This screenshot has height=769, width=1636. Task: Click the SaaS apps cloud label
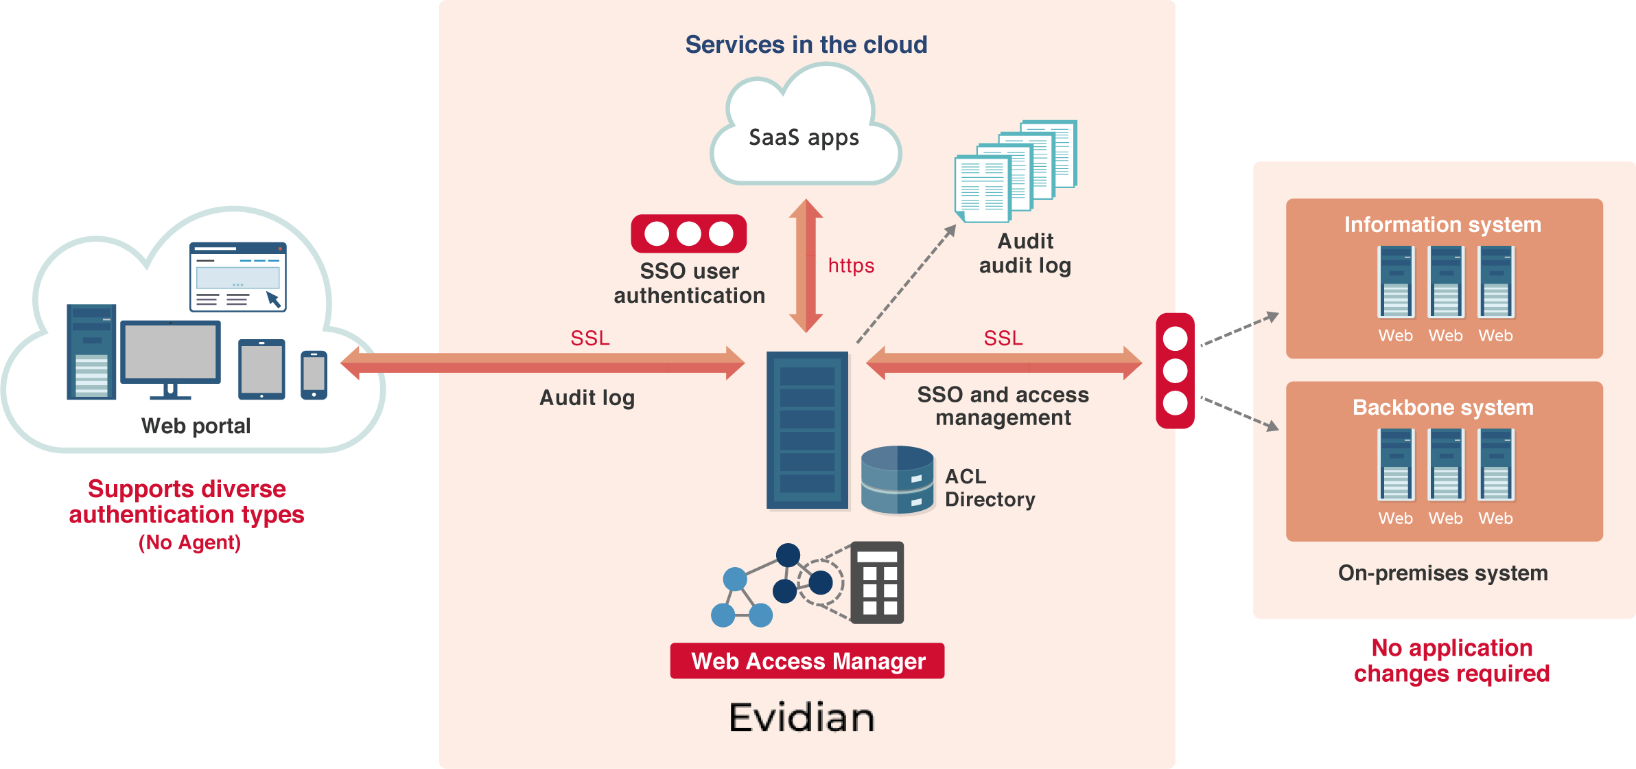pyautogui.click(x=804, y=138)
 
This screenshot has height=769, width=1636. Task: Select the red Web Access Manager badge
pyautogui.click(x=807, y=661)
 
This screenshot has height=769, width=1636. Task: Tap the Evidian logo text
pyautogui.click(x=802, y=718)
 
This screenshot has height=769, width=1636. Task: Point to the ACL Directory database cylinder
pyautogui.click(x=897, y=480)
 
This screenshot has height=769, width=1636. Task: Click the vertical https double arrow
pyautogui.click(x=806, y=266)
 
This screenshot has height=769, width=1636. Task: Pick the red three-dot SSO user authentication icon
pyautogui.click(x=689, y=233)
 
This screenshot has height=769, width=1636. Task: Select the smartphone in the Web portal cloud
pyautogui.click(x=314, y=375)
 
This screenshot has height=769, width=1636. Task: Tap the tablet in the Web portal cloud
pyautogui.click(x=261, y=369)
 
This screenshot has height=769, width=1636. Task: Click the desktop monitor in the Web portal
pyautogui.click(x=171, y=359)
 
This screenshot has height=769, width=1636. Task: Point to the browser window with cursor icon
pyautogui.click(x=237, y=277)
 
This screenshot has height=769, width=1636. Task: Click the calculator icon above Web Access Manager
pyautogui.click(x=877, y=582)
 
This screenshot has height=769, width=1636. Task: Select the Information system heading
pyautogui.click(x=1442, y=225)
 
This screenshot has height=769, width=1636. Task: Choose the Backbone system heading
pyautogui.click(x=1442, y=407)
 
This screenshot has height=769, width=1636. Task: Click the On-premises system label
pyautogui.click(x=1442, y=573)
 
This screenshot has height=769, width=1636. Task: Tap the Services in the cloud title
pyautogui.click(x=806, y=45)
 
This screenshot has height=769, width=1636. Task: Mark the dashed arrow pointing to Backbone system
pyautogui.click(x=1239, y=414)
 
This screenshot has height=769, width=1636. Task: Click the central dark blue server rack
pyautogui.click(x=807, y=431)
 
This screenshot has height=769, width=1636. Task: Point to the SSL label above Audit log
pyautogui.click(x=590, y=338)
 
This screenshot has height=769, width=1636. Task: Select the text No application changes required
pyautogui.click(x=1451, y=661)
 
